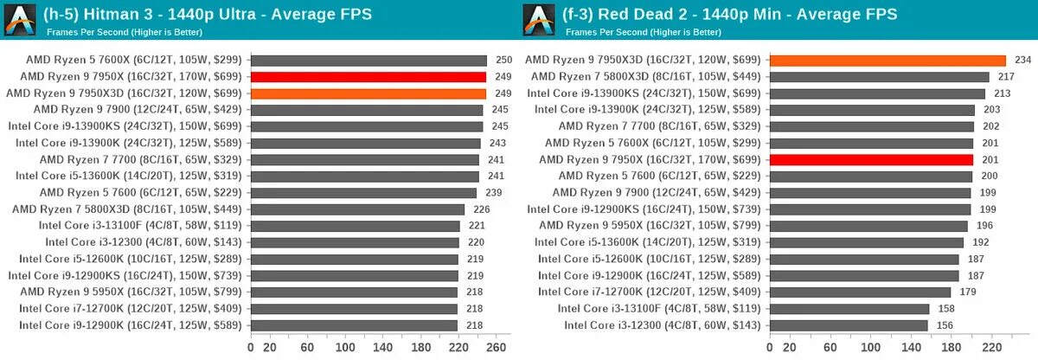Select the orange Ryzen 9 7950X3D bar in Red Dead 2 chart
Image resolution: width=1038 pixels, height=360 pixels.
(887, 61)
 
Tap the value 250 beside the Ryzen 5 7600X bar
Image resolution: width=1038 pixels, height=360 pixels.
(503, 61)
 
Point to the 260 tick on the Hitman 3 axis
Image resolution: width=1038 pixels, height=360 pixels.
(496, 347)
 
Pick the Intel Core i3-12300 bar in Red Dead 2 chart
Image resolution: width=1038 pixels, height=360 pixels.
(849, 325)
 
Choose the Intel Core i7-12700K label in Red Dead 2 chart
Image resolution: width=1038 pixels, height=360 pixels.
(649, 292)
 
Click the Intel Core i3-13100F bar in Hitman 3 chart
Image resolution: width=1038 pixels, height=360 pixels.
(355, 226)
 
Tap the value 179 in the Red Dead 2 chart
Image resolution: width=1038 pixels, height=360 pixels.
(969, 292)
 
